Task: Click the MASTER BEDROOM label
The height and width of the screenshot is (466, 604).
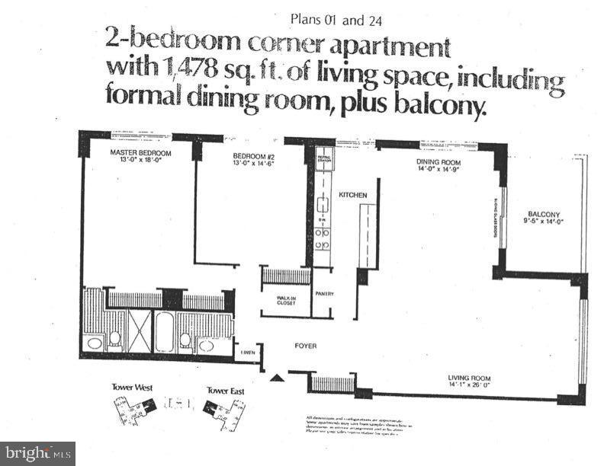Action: [140, 153]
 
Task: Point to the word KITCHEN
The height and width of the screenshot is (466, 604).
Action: [353, 195]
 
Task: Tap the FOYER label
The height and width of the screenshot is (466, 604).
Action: [305, 346]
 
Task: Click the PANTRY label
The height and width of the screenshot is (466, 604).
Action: [324, 294]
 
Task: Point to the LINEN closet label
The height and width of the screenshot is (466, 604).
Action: [249, 351]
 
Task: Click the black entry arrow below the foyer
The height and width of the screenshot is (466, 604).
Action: [275, 375]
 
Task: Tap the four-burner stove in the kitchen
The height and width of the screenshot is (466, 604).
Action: [323, 236]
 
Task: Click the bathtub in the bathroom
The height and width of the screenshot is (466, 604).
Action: [165, 332]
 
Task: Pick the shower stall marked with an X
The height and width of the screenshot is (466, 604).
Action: [140, 332]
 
